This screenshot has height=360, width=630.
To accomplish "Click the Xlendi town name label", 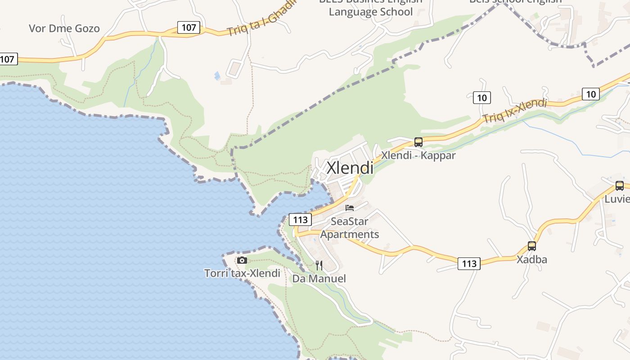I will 350,168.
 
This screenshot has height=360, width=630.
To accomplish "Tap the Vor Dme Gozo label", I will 64,29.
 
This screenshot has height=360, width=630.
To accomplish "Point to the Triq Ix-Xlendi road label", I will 514,111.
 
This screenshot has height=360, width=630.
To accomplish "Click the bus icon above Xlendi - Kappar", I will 418,142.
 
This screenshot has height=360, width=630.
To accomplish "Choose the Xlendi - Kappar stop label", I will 418,156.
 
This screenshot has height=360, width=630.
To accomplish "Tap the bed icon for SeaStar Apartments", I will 350,208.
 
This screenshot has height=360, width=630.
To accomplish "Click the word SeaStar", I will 350,221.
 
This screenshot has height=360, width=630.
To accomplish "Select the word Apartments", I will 350,234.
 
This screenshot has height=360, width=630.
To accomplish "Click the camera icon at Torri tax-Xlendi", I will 242,260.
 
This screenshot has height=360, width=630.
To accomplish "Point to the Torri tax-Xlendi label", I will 242,273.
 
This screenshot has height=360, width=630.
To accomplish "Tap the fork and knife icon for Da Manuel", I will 319,265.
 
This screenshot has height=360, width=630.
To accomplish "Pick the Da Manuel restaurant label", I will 319,279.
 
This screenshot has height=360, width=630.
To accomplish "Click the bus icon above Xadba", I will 532,246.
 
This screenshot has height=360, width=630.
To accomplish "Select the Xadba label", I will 532,260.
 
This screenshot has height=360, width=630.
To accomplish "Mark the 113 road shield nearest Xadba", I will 469,264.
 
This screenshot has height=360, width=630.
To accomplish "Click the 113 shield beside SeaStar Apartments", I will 300,220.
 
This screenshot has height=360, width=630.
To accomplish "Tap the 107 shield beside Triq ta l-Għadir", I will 189,27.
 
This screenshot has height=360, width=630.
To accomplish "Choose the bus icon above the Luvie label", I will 620,185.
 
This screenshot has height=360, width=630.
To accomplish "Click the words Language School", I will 371,12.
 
